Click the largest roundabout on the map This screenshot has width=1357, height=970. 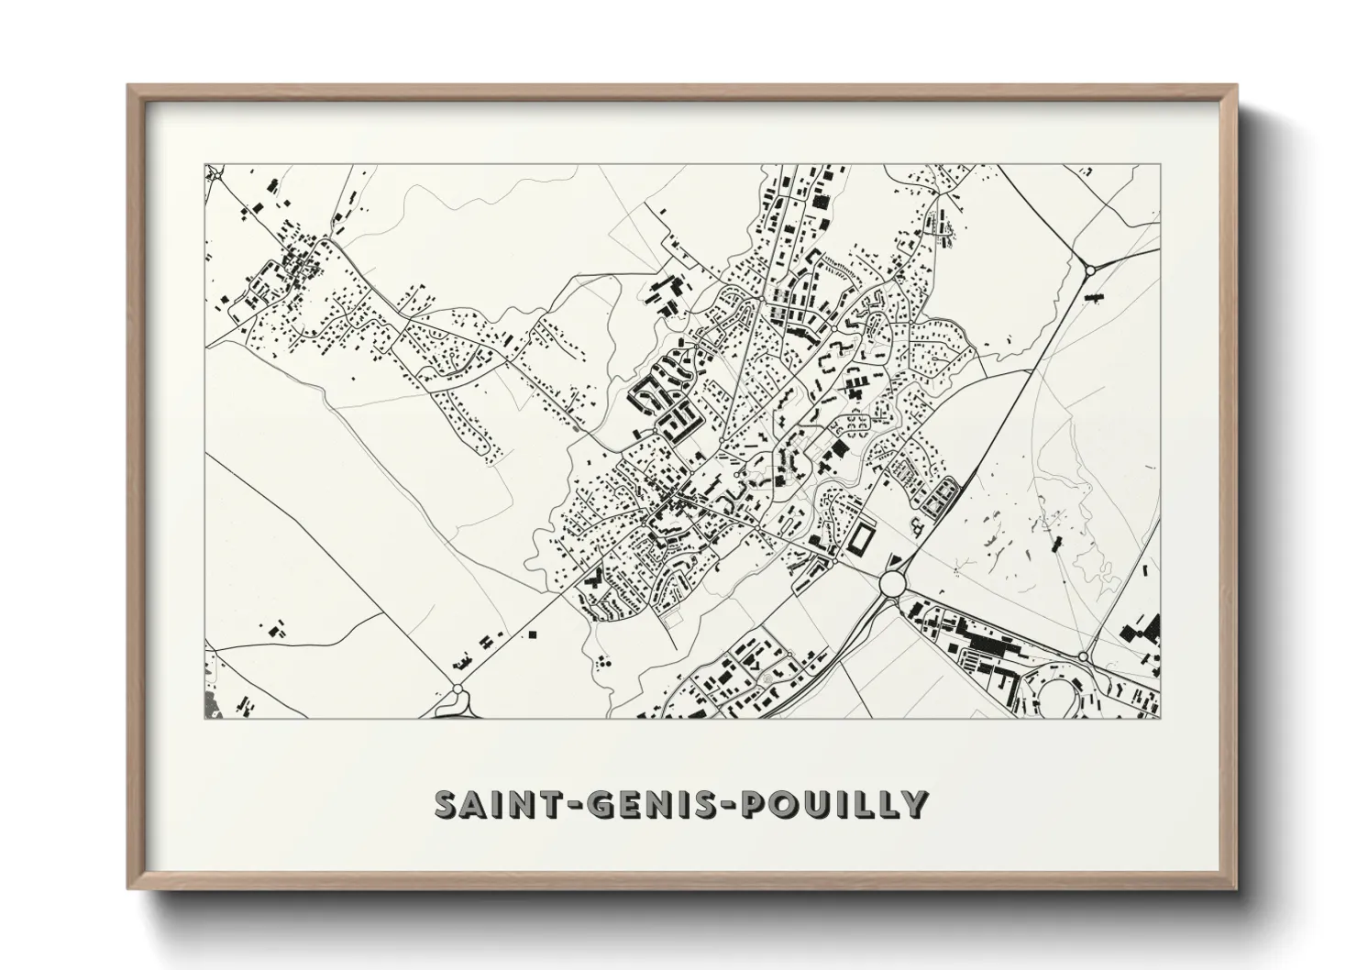892,583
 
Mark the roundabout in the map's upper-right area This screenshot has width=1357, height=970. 1090,270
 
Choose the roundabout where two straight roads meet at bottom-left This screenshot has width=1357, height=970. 458,689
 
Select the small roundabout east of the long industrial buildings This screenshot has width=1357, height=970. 1083,656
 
